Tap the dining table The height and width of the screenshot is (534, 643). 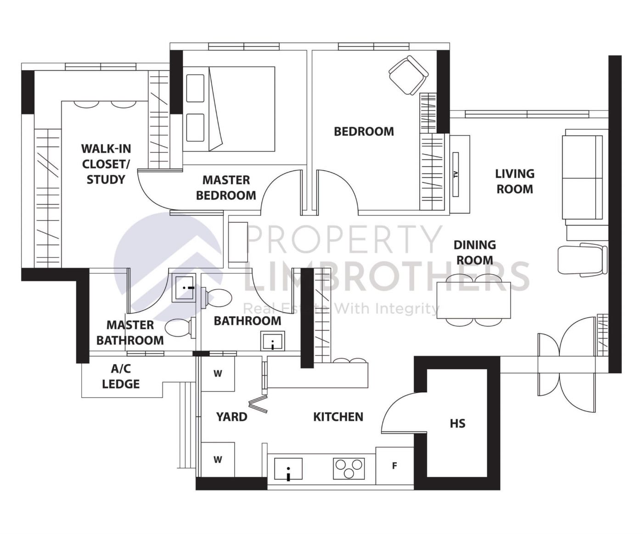coord(474,300)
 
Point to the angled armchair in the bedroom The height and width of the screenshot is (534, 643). coord(408,75)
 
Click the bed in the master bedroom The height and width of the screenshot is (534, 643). coord(230,109)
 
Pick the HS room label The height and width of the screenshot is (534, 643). coord(457,423)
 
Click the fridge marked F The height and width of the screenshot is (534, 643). coord(395,466)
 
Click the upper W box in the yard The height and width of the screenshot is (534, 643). coord(218,374)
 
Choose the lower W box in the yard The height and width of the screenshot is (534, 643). coord(218,460)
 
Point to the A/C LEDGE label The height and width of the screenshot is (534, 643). coord(120,376)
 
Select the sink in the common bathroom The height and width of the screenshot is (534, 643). coord(273,341)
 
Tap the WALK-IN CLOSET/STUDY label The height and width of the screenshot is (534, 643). coord(106,164)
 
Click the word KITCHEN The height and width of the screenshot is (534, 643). coord(338,416)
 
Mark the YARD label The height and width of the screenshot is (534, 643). coord(231,416)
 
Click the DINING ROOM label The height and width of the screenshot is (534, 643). coord(474,252)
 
